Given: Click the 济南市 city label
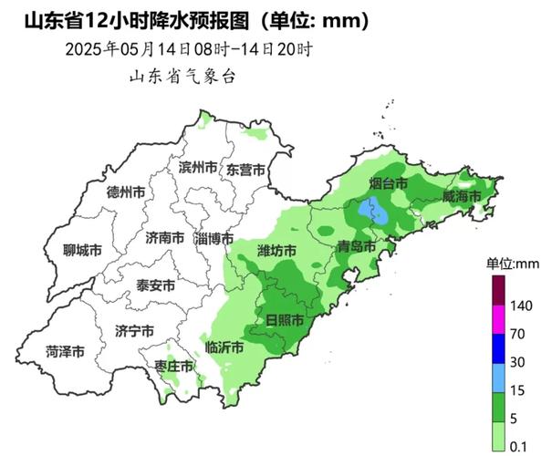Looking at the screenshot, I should pyautogui.click(x=164, y=238).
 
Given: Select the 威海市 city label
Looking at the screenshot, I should pyautogui.click(x=461, y=196).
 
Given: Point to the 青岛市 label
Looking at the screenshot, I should pyautogui.click(x=356, y=246).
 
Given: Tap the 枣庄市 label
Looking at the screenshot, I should pyautogui.click(x=173, y=366).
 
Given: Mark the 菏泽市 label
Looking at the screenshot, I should pyautogui.click(x=66, y=351).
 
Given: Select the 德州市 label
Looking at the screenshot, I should pyautogui.click(x=126, y=192).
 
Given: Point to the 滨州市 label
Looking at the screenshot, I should pyautogui.click(x=198, y=168).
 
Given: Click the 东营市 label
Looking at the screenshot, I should pyautogui.click(x=245, y=170).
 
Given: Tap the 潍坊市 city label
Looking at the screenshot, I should pyautogui.click(x=277, y=250).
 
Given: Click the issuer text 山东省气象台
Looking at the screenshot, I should pyautogui.click(x=182, y=77).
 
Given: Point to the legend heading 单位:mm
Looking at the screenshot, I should pyautogui.click(x=512, y=264).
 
